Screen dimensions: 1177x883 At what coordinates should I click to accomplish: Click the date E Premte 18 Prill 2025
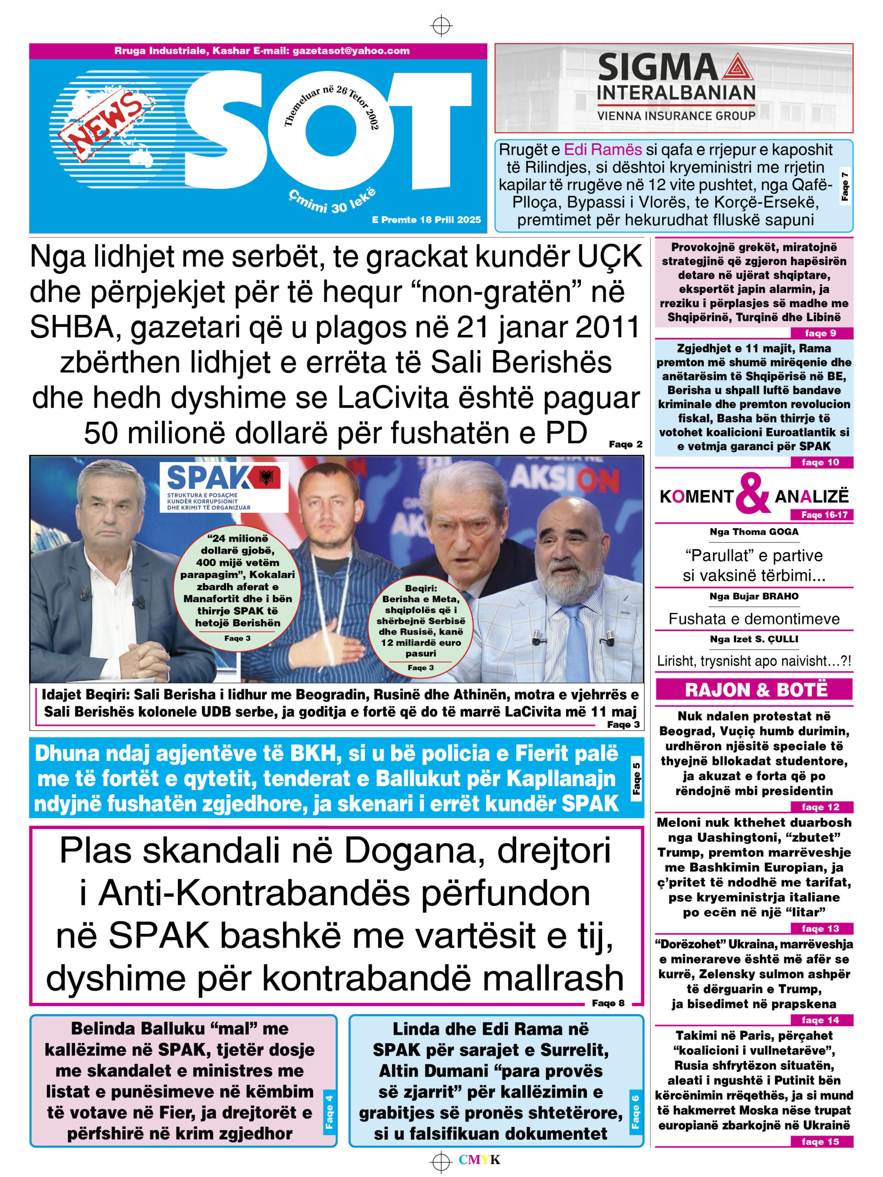pos(426,220)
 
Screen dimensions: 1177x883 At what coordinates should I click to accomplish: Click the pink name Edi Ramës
pos(602,149)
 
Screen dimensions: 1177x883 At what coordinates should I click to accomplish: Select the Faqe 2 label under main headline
pos(625,444)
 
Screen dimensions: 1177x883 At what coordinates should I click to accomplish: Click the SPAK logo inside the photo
pos(224,486)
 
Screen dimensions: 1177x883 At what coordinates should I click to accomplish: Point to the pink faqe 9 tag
pos(820,333)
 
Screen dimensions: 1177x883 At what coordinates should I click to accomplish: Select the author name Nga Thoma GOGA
pos(754,531)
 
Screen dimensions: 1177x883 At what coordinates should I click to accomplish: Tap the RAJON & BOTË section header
pos(754,690)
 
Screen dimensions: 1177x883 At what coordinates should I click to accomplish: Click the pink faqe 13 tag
pos(820,929)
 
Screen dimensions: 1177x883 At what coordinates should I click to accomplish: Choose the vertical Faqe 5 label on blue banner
pos(636,778)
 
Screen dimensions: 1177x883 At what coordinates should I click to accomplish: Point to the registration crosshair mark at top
pos(441,25)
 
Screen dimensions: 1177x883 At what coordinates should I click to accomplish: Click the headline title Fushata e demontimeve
pos(754,619)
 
